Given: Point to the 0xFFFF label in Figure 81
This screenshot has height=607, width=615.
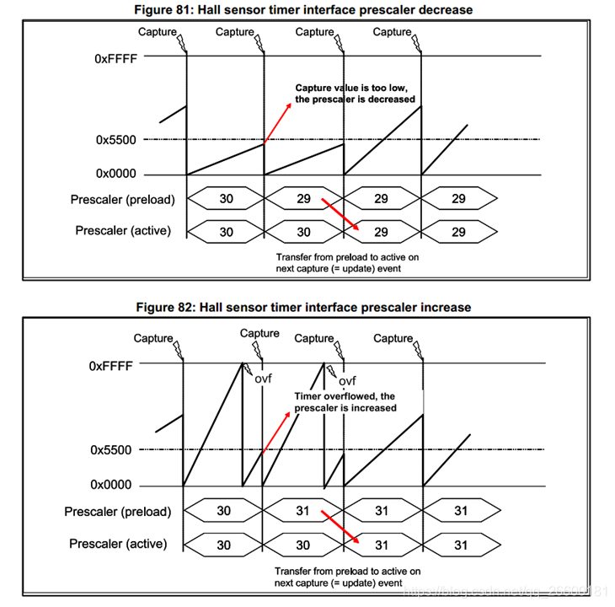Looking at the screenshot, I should coord(116,59).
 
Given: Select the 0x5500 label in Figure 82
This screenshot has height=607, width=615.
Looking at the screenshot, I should coord(111,450).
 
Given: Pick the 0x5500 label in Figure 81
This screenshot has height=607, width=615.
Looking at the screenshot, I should coord(116,139).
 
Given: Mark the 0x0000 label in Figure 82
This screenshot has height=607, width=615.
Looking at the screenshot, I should coord(111,485).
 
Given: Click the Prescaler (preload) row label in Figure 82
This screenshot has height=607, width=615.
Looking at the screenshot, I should coord(118,512).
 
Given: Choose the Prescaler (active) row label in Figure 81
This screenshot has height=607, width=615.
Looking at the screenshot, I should coord(123,231).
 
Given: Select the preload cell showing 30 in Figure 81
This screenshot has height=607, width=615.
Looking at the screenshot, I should coord(225,200).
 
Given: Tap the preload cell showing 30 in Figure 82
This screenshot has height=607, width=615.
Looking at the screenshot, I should coord(223,511).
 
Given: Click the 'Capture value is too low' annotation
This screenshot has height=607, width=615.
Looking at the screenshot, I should coord(355,93).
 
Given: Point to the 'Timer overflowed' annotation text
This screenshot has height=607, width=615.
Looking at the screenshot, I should coord(345,401).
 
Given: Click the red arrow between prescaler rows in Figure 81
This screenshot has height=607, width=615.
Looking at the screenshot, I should coord(341,216).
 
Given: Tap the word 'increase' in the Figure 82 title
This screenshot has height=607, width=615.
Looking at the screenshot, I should coord(445,307).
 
